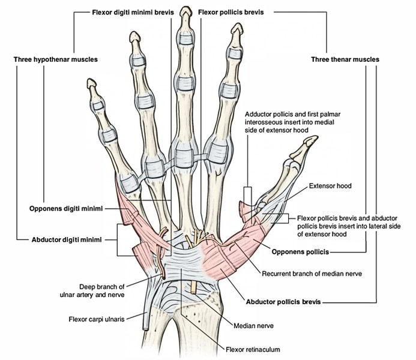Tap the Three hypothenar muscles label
tap(56, 59)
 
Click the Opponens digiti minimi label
tap(65, 209)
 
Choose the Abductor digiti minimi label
tap(65, 239)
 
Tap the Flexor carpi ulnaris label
tap(96, 320)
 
